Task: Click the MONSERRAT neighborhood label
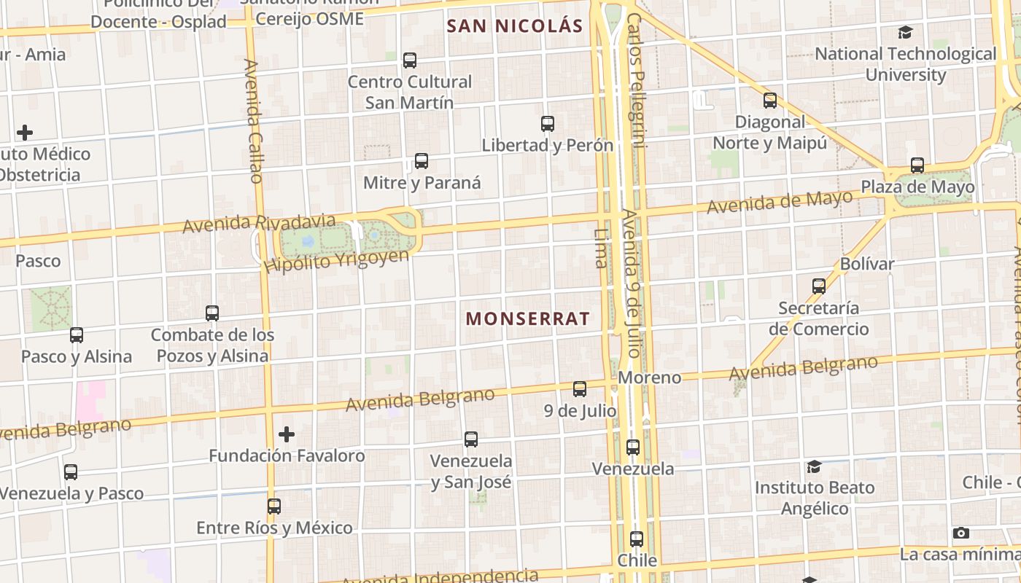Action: coord(527,319)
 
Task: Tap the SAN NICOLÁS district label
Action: coord(514,27)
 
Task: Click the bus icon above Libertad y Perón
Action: coord(548,124)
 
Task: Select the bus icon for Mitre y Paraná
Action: coord(421,161)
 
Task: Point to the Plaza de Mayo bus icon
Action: coord(917,165)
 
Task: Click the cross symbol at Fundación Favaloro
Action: coord(287,434)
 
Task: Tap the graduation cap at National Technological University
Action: coord(905,32)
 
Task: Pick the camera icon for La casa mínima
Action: coord(961,533)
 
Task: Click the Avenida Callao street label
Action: coord(254,121)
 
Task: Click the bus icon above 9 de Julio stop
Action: coord(580,389)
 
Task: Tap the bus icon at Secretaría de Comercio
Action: coord(819,286)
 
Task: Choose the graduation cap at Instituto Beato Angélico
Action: coord(814,466)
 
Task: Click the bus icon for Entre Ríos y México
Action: coord(274,506)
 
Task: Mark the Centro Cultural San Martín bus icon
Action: coord(410,60)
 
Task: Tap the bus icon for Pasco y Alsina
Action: coord(77,335)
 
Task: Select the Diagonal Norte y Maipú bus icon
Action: coord(770,101)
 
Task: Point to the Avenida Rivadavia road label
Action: coord(259,223)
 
